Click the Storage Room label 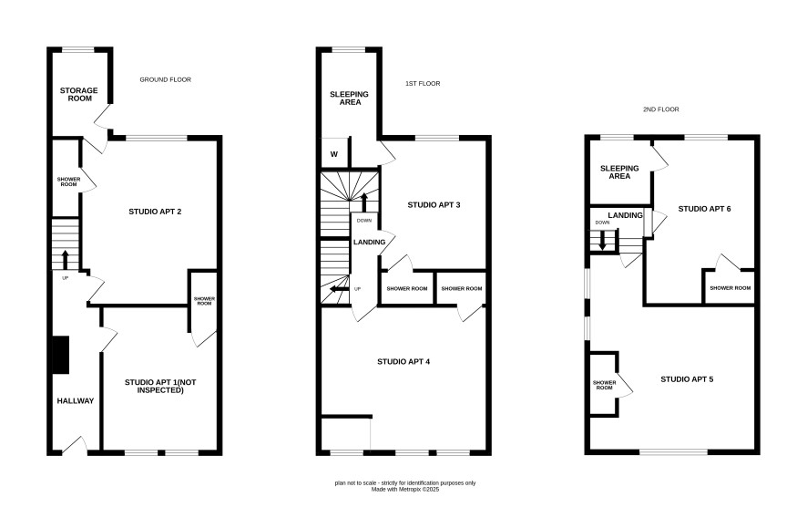point(78,94)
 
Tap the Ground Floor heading point(165,79)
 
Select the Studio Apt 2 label point(155,212)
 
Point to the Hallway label point(75,400)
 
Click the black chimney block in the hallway point(61,355)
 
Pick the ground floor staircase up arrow point(66,260)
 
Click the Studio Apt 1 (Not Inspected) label point(160,386)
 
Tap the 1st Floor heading point(423,84)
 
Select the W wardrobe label point(334,154)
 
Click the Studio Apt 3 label point(434,204)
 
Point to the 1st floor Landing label point(369,242)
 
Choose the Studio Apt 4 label point(403,361)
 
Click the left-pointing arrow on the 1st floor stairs point(339,288)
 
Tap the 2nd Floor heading point(661,109)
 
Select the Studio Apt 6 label point(704,208)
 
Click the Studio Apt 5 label point(687,378)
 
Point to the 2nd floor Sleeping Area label point(619,171)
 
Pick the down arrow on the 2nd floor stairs point(602,241)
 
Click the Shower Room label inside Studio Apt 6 point(730,287)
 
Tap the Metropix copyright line point(405,490)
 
